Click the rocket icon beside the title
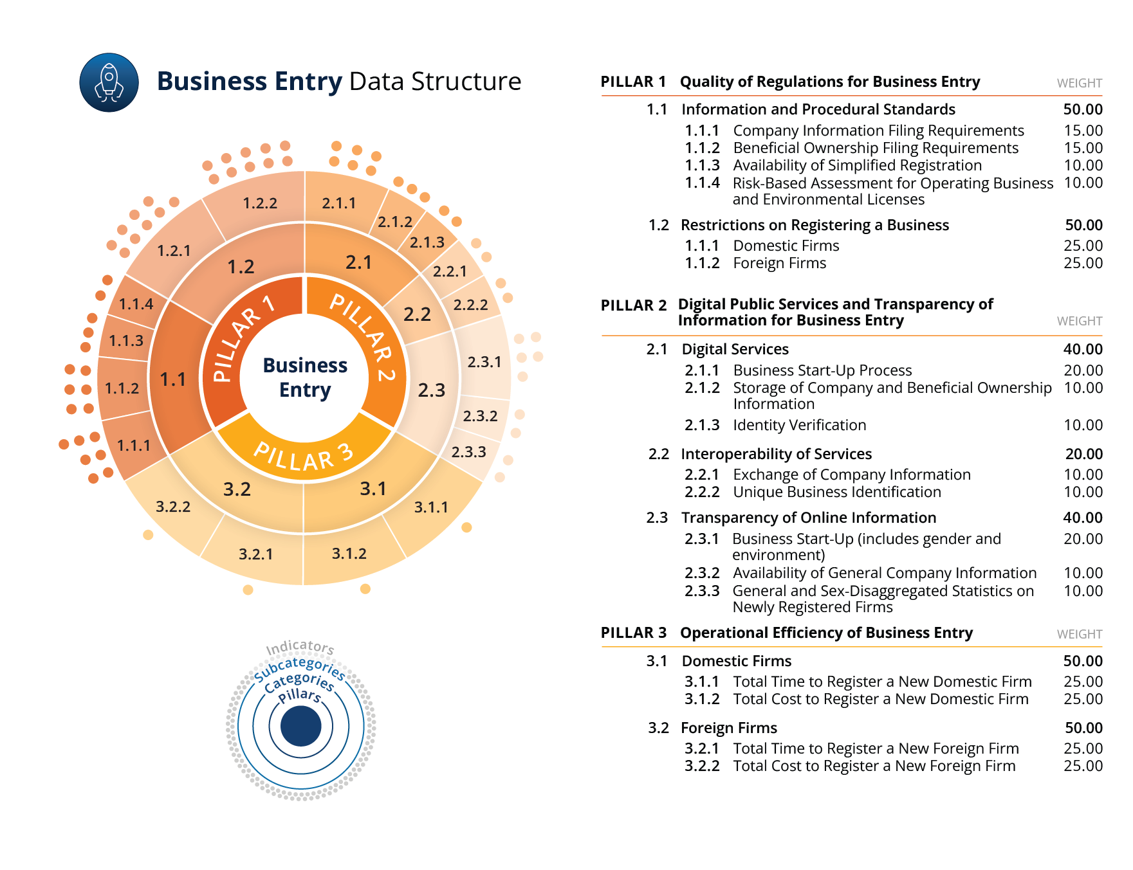point(109,82)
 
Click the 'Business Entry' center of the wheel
point(305,377)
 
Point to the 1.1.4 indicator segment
point(136,304)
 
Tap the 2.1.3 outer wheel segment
point(427,242)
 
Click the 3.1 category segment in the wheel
point(373,489)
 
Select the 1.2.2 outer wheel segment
point(260,203)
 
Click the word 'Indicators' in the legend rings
point(300,647)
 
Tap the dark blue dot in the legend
point(300,726)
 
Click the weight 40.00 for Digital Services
point(1083,349)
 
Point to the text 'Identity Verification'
point(800,425)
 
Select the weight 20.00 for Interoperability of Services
point(1084,454)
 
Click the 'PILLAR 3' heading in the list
point(634,633)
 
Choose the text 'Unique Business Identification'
point(837,492)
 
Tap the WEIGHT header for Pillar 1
point(1080,83)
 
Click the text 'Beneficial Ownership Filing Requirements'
point(876,148)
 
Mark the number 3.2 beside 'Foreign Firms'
point(659,728)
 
